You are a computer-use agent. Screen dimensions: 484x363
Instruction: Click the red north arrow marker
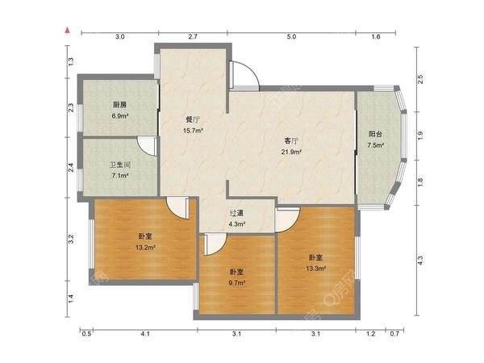click(x=67, y=30)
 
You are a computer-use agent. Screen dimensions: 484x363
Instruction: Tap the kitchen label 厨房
click(x=119, y=105)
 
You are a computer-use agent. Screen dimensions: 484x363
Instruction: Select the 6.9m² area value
click(x=119, y=116)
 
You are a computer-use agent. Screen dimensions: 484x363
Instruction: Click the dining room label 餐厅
click(x=193, y=119)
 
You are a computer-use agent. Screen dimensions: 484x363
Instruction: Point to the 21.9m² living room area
click(x=291, y=152)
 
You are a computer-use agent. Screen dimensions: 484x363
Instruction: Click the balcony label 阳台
click(x=375, y=134)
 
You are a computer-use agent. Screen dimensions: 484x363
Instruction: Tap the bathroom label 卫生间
click(x=120, y=165)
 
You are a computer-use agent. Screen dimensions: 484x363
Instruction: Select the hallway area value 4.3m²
click(x=236, y=224)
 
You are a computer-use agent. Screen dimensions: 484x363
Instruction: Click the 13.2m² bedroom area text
click(x=145, y=248)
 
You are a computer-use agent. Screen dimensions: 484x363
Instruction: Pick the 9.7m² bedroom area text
click(x=236, y=283)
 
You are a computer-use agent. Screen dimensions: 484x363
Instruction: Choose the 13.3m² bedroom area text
click(x=315, y=269)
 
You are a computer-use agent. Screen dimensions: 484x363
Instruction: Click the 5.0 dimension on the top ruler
click(x=291, y=37)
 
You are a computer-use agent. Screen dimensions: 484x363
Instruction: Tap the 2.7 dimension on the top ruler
click(x=193, y=37)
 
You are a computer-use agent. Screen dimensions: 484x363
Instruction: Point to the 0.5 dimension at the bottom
click(x=86, y=334)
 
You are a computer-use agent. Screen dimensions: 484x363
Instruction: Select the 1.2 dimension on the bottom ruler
click(x=371, y=334)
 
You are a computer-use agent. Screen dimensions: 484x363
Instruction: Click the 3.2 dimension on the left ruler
click(x=71, y=240)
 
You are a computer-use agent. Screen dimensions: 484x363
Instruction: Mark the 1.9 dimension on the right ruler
click(x=420, y=136)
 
